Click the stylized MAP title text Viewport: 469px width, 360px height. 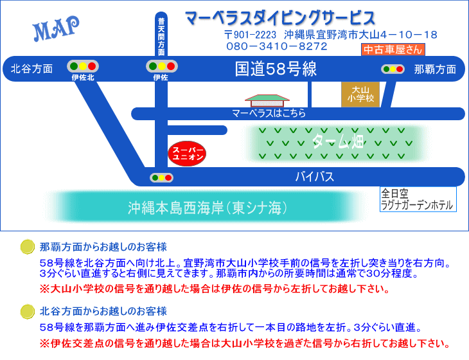(56, 29)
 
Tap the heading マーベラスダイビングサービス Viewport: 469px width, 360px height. (279, 17)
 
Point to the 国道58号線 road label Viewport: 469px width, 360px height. (276, 69)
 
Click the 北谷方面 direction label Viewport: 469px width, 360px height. (31, 69)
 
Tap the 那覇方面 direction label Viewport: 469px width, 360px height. (435, 69)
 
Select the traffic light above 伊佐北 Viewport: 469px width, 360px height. (83, 66)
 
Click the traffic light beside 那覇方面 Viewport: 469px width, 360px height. (393, 69)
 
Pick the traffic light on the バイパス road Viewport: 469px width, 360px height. (161, 177)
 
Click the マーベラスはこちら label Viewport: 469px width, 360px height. (269, 113)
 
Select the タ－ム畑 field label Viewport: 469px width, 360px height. (338, 141)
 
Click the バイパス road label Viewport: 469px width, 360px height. (314, 176)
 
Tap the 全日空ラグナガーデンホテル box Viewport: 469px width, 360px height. (417, 199)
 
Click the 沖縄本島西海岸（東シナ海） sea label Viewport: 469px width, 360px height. (206, 208)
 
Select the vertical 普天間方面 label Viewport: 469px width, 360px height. (161, 37)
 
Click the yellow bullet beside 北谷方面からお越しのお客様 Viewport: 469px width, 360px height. (27, 311)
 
